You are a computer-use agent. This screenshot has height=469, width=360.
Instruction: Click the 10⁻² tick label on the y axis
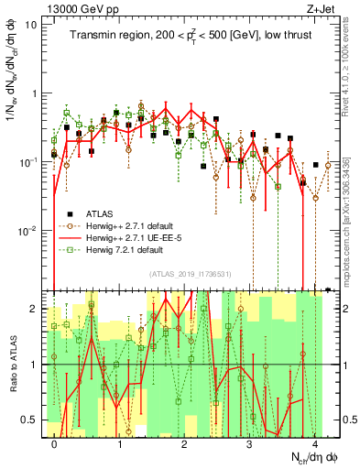coord(30,230)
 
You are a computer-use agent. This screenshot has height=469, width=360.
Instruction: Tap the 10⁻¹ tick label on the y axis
coord(30,161)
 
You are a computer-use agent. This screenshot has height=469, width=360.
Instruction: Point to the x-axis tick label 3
coord(249,443)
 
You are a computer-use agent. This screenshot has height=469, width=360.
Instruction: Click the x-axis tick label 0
coord(55,443)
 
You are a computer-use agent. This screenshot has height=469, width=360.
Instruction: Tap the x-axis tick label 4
coord(314,443)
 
